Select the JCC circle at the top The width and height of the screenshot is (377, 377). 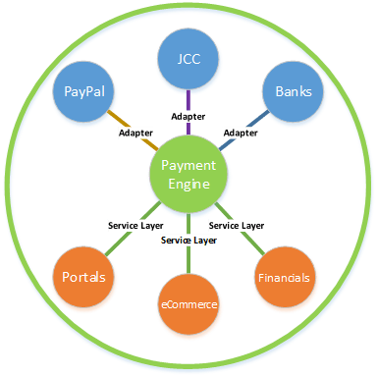pyautogui.click(x=188, y=58)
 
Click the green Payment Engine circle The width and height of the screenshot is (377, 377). pyautogui.click(x=188, y=174)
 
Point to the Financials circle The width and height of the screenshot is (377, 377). pyautogui.click(x=285, y=278)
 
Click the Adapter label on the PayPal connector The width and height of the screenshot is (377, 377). pyautogui.click(x=135, y=132)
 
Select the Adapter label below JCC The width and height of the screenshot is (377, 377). pyautogui.click(x=188, y=115)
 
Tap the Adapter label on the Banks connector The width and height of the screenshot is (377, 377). pyautogui.click(x=241, y=131)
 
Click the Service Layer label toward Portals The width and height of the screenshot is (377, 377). pyautogui.click(x=136, y=225)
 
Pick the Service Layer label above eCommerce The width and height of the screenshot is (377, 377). pyautogui.click(x=188, y=240)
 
